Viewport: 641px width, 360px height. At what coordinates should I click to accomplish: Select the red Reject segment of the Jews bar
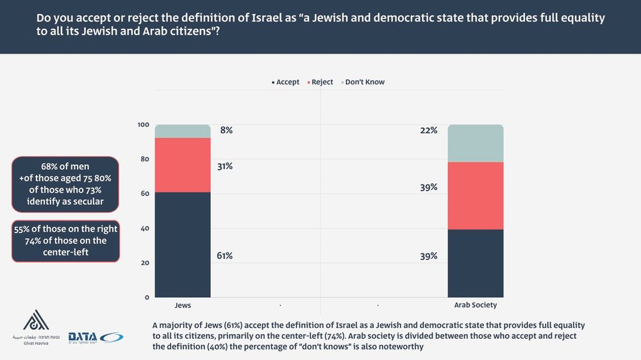(183, 165)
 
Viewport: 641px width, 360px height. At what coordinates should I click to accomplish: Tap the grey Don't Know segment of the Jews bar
(183, 131)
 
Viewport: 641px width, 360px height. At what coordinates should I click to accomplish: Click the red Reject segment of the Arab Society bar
(475, 195)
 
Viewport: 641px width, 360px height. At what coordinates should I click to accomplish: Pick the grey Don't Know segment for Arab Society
(475, 143)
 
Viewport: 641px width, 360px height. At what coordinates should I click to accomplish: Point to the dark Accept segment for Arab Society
(475, 263)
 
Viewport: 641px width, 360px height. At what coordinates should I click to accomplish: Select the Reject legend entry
(321, 82)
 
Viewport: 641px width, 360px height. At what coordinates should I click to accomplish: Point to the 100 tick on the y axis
(143, 125)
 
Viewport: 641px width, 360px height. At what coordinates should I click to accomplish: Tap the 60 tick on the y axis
(145, 194)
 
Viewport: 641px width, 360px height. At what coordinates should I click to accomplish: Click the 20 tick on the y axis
(145, 263)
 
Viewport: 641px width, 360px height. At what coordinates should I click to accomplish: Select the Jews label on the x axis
(183, 306)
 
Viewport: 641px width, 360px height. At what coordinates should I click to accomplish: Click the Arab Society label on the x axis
(475, 306)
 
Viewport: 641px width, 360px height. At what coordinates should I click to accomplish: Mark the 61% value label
(224, 256)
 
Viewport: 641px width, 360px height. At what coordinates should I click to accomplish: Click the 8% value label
(226, 131)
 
